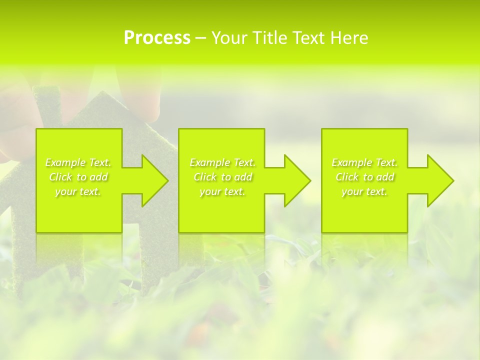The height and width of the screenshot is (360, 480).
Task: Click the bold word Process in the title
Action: pos(157,38)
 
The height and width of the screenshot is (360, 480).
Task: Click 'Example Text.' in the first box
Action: pos(78,162)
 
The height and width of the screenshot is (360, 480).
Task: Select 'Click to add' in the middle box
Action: pos(222,177)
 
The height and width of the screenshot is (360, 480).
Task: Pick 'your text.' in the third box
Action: pos(364,191)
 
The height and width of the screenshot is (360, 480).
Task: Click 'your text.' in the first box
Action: pos(78,191)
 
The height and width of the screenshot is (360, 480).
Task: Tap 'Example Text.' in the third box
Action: pos(364,162)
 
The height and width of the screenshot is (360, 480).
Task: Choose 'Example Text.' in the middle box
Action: pos(222,162)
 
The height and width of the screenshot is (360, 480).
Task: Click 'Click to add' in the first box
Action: pos(78,177)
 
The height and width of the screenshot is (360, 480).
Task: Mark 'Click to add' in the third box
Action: pos(364,177)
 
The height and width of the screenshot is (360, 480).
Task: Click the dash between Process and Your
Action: pos(200,38)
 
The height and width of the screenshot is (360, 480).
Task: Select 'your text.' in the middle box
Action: pos(222,191)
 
